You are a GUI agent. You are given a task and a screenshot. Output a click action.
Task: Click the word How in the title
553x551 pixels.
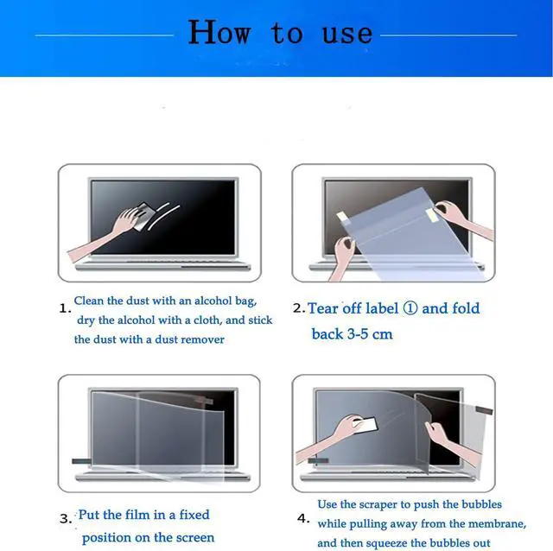219,33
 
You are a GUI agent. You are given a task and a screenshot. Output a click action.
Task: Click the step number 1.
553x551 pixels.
63,307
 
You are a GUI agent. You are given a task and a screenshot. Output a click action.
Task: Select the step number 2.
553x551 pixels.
298,308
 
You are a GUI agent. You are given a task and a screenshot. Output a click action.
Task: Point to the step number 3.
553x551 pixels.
65,519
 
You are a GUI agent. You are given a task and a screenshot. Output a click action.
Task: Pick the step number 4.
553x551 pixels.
302,519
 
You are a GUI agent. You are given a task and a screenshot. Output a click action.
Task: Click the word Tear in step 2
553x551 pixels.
323,308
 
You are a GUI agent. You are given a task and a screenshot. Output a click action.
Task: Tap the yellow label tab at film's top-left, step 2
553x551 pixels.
344,215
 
